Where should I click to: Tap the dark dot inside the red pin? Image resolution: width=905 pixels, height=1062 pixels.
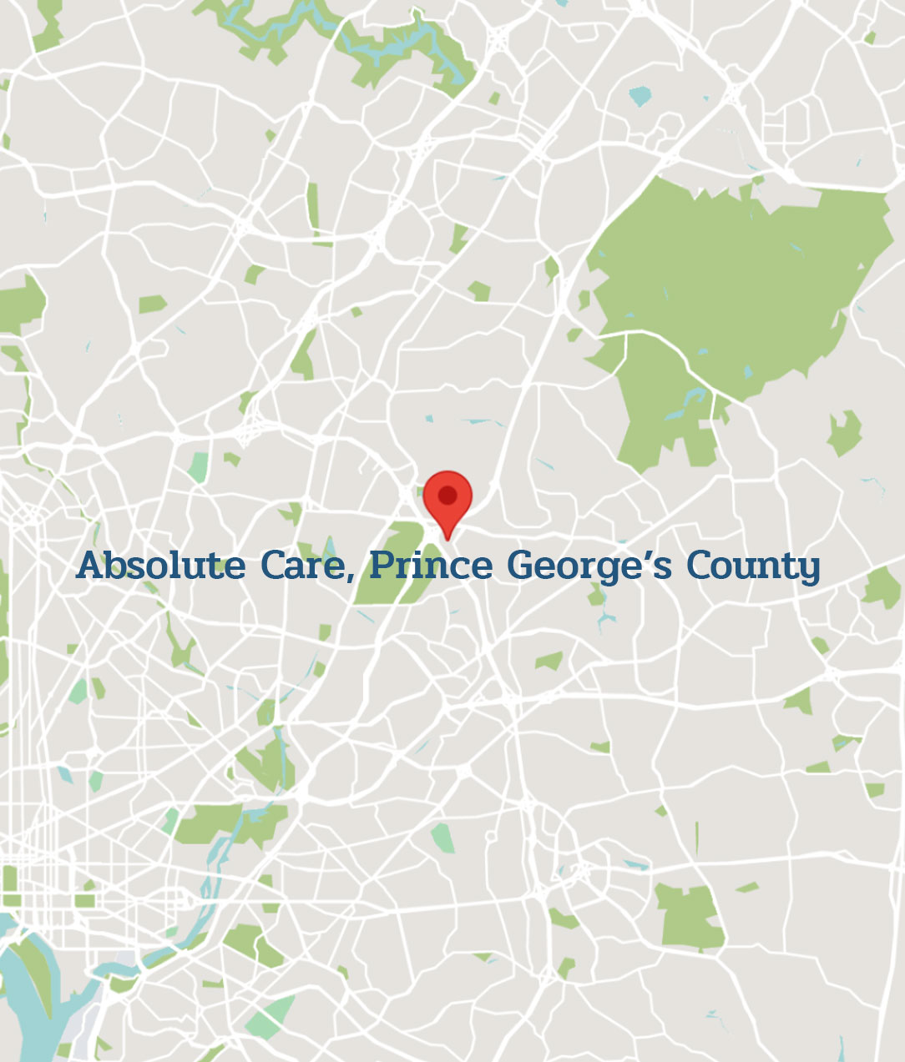click(x=447, y=496)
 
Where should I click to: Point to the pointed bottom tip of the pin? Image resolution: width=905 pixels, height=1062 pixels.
click(x=447, y=538)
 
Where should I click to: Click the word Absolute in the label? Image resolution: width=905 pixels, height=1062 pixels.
click(x=161, y=566)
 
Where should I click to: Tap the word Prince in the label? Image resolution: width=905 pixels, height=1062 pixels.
click(x=432, y=566)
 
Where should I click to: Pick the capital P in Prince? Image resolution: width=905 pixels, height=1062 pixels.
click(x=382, y=566)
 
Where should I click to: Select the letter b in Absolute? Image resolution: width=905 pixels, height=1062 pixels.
click(x=117, y=566)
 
